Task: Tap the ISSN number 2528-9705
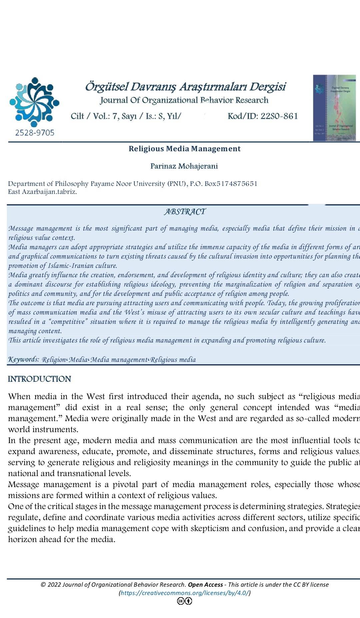pyautogui.click(x=35, y=133)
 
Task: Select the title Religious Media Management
pyautogui.click(x=184, y=149)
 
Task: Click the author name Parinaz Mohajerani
pyautogui.click(x=184, y=166)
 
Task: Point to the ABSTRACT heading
pyautogui.click(x=185, y=212)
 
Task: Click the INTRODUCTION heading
pyautogui.click(x=39, y=379)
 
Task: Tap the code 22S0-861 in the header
pyautogui.click(x=279, y=116)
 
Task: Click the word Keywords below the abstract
pyautogui.click(x=23, y=359)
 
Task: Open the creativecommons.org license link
pyautogui.click(x=184, y=593)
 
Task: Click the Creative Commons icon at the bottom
pyautogui.click(x=184, y=601)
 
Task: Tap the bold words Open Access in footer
pyautogui.click(x=205, y=585)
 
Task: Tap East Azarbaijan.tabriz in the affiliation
pyautogui.click(x=42, y=192)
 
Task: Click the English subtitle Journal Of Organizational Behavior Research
pyautogui.click(x=184, y=100)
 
